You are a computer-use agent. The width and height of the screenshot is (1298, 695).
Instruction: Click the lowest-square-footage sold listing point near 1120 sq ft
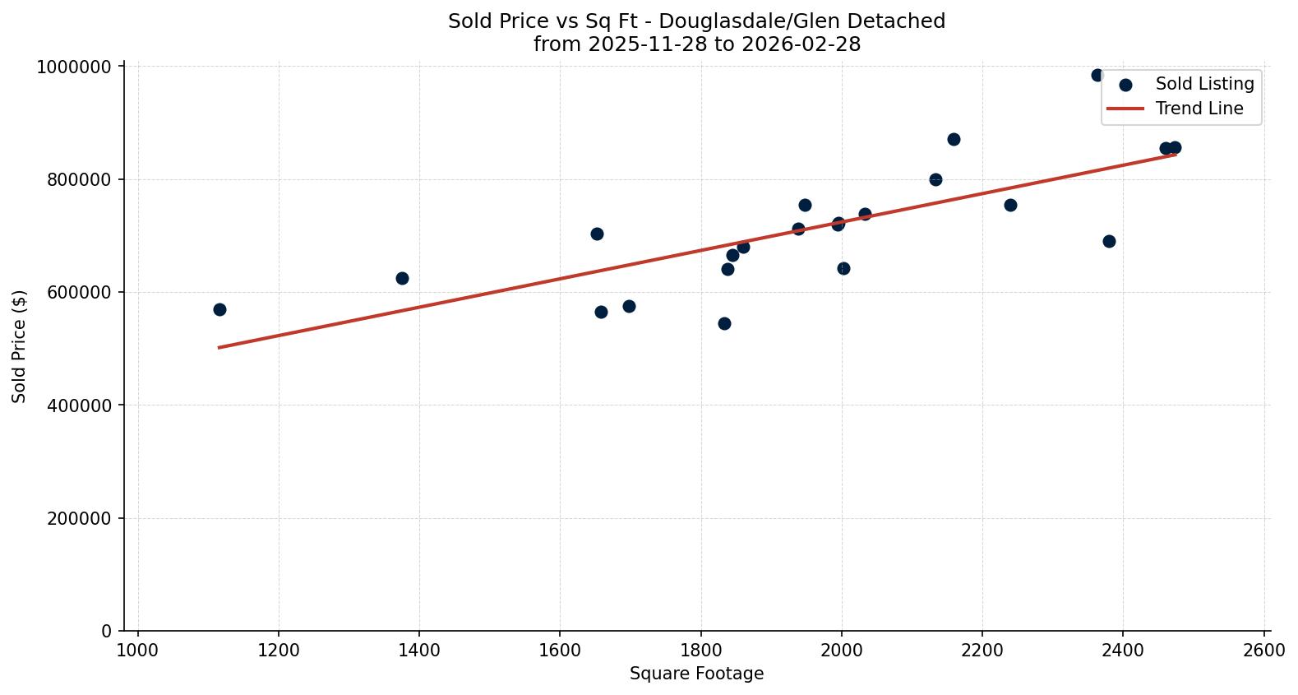point(219,309)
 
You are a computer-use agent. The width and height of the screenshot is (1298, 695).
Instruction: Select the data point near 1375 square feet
point(402,278)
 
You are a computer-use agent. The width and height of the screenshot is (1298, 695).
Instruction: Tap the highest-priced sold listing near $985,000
point(1097,75)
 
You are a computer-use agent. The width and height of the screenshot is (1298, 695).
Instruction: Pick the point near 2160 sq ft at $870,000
point(954,139)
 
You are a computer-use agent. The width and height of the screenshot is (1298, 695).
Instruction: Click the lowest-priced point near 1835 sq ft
point(724,323)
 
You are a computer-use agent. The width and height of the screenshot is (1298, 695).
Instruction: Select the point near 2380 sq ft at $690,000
point(1109,241)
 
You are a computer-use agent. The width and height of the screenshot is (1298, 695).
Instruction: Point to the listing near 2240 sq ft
point(1010,205)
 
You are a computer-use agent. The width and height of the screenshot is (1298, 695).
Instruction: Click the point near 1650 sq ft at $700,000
point(597,234)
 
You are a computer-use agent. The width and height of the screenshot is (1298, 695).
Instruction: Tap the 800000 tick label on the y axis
point(78,179)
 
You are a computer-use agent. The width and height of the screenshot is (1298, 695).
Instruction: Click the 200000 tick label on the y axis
point(78,518)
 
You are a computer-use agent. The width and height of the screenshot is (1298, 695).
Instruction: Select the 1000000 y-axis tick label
point(74,67)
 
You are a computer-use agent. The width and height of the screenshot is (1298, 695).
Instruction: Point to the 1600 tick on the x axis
point(560,650)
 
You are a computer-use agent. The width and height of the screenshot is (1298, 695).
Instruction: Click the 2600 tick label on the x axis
point(1263,650)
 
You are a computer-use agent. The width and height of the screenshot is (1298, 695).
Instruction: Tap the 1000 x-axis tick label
point(137,650)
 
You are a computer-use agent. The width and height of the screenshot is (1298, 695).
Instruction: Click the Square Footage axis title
point(696,674)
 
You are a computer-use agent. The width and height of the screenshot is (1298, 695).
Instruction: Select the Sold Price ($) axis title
point(19,346)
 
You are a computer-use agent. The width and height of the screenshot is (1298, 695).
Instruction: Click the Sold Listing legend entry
point(1203,84)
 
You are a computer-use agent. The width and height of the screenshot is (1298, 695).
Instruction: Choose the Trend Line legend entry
point(1199,109)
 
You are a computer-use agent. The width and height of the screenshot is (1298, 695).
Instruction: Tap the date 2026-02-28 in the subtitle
point(801,44)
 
